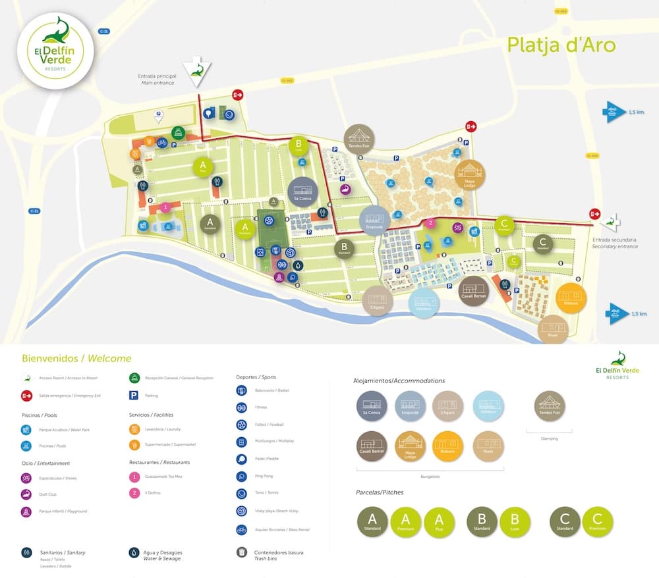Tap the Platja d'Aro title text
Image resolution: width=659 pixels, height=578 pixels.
561,45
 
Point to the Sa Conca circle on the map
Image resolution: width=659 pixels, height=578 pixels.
302,192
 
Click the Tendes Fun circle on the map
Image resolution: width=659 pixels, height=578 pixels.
359,139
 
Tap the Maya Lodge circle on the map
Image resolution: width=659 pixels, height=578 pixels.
470,174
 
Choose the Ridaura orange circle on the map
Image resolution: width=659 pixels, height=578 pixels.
571,297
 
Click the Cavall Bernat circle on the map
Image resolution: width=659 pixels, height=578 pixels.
473,290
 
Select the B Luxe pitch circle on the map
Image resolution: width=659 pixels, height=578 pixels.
299,145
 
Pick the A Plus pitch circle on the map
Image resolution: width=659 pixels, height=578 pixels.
204,167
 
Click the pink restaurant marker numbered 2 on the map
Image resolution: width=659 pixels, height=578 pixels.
430,223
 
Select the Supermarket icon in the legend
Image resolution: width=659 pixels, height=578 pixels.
134,445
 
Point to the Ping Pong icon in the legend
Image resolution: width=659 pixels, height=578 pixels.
242,476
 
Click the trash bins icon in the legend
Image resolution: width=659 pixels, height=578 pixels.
242,553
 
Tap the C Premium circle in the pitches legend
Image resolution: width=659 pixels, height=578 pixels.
598,522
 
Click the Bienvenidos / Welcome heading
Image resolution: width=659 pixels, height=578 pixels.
76,359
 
